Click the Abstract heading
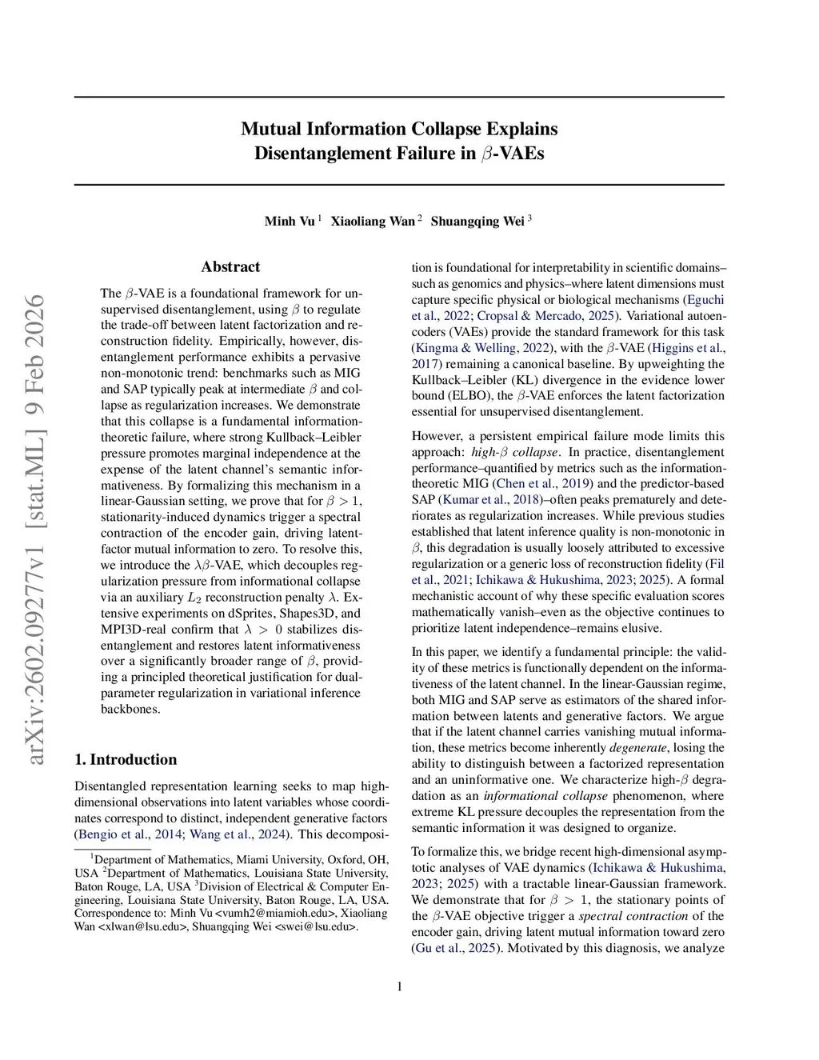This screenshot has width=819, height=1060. pos(230,267)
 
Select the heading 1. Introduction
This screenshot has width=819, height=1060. pos(126,759)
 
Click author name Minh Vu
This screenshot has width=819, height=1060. pos(290,222)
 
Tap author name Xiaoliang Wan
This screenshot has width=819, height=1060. pos(373,222)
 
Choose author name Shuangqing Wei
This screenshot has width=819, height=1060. pos(477,222)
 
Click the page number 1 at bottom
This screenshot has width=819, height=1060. pos(399,986)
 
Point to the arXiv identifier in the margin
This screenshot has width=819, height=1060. pos(36,528)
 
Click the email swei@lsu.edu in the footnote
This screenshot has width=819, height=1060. pos(316,926)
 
